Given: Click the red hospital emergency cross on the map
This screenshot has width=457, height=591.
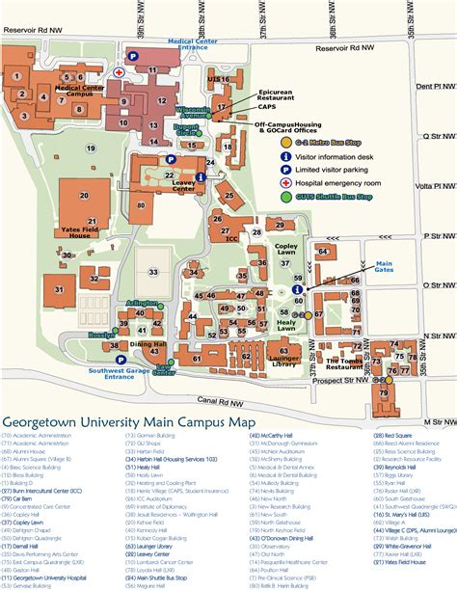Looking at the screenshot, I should click(x=119, y=72).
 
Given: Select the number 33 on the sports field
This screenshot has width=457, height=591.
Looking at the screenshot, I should click(x=153, y=272).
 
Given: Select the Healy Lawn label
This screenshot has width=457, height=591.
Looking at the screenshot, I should click(x=286, y=325).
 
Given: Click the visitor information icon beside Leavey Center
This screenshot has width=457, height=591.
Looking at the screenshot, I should click(x=202, y=176).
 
